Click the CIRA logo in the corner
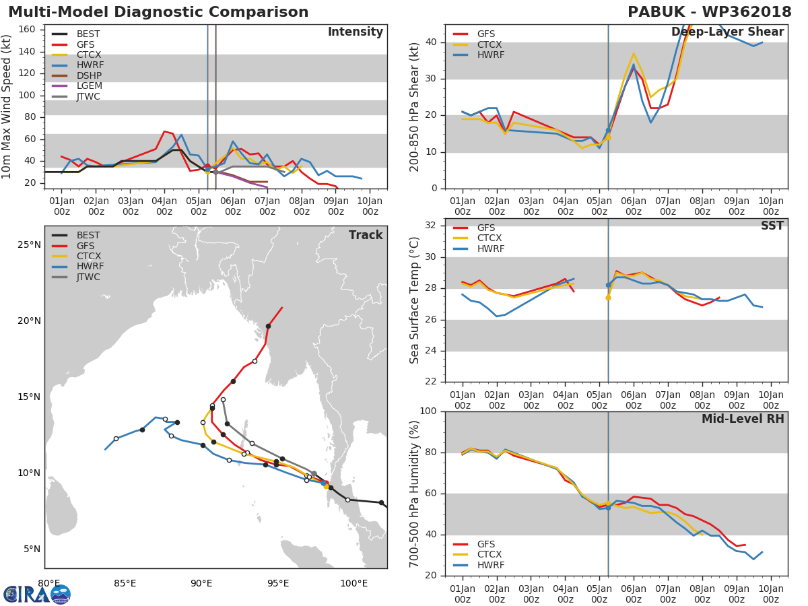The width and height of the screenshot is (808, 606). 37,594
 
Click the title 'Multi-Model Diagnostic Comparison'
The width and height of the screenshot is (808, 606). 158,11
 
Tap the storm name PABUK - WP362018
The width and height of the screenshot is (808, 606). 709,11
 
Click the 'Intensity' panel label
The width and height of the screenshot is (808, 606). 356,32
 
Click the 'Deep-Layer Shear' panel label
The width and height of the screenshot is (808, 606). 727,32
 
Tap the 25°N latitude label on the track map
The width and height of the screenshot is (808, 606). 29,245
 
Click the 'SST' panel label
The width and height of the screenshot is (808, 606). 772,226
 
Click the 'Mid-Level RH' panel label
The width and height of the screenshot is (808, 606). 743,419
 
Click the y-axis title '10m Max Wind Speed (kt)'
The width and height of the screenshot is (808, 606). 6,106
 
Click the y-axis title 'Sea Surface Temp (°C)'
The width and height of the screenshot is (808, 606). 414,300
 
